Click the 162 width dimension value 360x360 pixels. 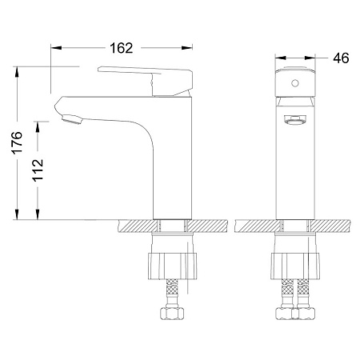[122, 48]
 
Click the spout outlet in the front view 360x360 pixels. [294, 120]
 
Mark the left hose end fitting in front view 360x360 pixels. [286, 313]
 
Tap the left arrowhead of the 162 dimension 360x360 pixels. [55, 58]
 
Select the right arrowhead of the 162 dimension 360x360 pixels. [190, 58]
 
